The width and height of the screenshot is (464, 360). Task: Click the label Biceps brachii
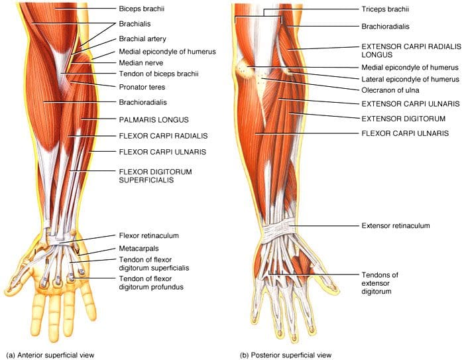141,9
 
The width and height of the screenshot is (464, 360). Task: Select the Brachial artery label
143,38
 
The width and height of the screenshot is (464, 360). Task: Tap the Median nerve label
141,63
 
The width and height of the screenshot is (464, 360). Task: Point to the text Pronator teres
142,87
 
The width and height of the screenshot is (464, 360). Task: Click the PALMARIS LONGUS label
154,120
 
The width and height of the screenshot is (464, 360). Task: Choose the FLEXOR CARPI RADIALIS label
163,136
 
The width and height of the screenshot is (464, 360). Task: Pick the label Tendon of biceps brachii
158,74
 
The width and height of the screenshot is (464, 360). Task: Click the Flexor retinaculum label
149,235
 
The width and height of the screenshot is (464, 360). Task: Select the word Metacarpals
139,249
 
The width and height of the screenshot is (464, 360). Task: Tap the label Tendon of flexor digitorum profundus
151,282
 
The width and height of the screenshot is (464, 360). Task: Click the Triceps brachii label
385,9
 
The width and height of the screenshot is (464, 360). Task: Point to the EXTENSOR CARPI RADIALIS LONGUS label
412,50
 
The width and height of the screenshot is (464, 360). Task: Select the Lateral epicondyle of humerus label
410,80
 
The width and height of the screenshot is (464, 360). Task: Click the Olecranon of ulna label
390,90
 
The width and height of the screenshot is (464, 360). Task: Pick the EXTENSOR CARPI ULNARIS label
410,104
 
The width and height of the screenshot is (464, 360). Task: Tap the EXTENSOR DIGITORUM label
403,119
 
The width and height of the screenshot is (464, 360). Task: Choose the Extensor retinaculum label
396,225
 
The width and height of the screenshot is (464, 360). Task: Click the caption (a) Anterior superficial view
50,355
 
